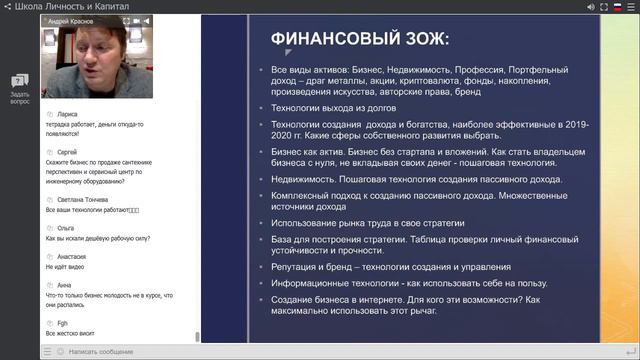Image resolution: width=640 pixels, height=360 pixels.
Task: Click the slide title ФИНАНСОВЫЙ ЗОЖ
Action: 360,39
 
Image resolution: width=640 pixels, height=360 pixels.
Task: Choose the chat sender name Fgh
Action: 54,322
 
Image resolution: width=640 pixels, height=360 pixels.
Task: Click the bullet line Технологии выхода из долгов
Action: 334,107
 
